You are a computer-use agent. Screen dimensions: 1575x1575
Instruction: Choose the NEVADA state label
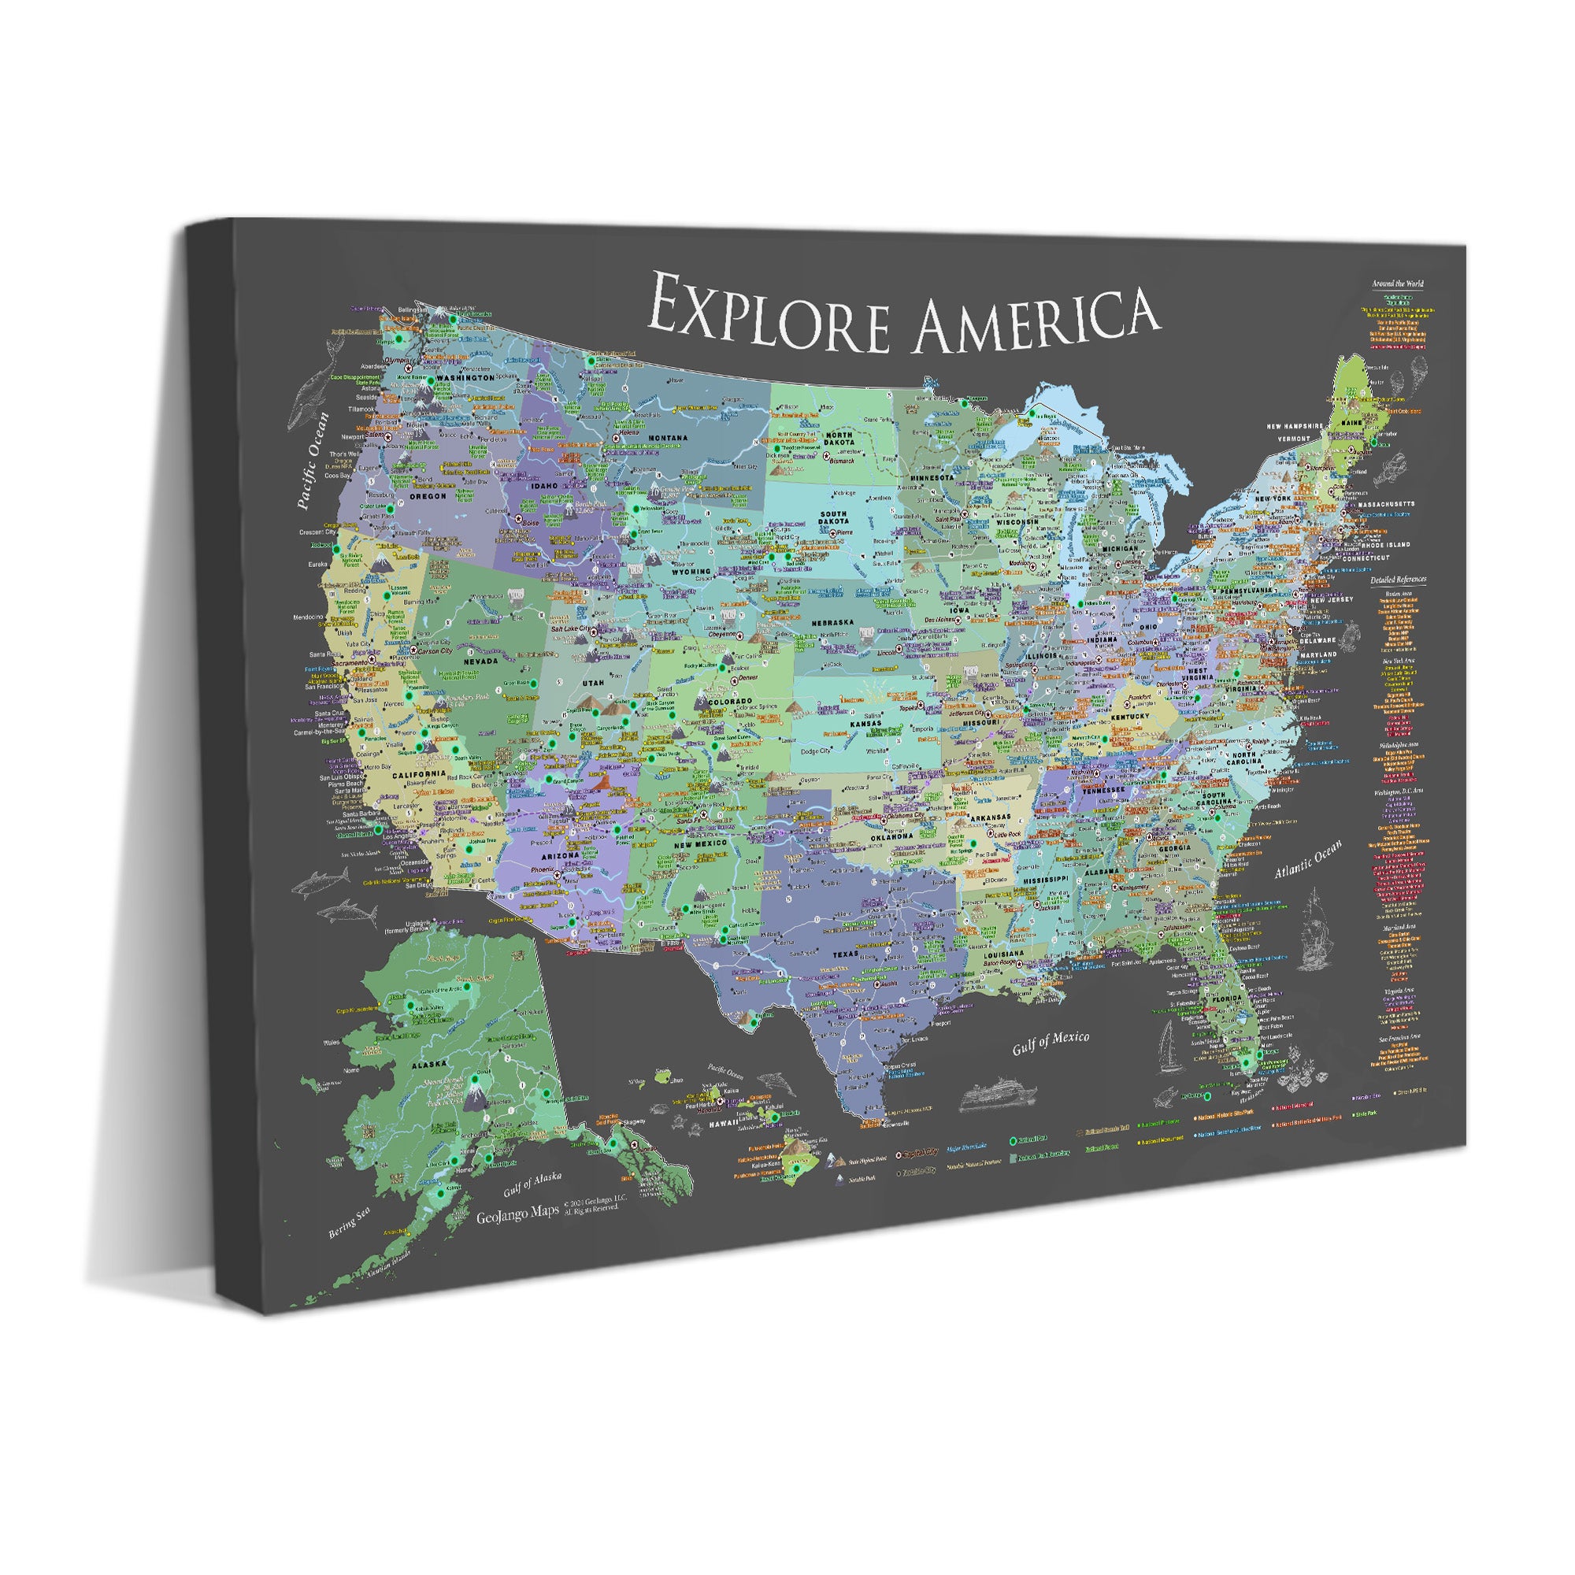[x=480, y=661]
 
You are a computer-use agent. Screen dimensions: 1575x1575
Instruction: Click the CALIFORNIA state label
[x=419, y=773]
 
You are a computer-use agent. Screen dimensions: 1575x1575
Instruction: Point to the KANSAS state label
[x=865, y=723]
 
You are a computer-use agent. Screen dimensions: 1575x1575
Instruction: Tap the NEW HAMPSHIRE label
[x=1295, y=425]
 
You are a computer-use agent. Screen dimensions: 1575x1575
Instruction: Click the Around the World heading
[x=1397, y=283]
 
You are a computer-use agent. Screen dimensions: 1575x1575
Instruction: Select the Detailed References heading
[x=1398, y=580]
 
